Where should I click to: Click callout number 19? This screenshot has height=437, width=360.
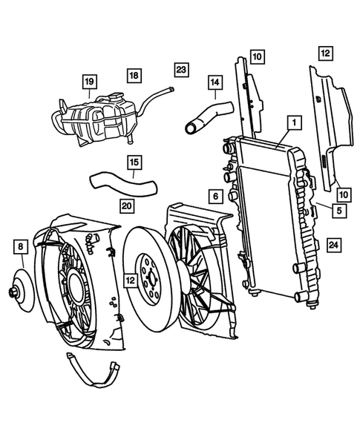coord(89,81)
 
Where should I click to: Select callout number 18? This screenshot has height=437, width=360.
coord(134,76)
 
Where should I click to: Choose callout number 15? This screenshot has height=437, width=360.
coord(134,161)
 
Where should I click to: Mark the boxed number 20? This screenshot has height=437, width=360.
coord(127,205)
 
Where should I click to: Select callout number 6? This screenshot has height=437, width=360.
coord(214,197)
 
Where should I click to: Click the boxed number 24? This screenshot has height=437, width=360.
coord(333,245)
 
